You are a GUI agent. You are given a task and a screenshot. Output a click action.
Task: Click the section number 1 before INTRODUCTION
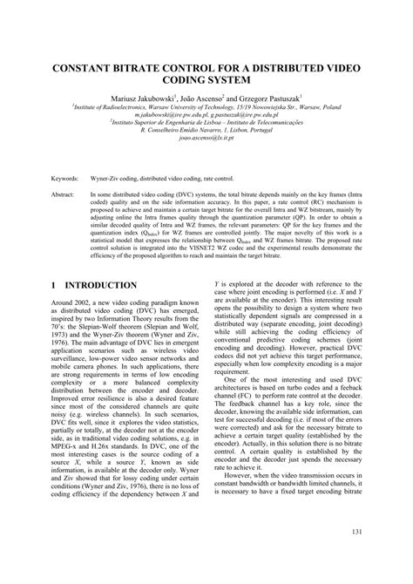click(54, 285)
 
